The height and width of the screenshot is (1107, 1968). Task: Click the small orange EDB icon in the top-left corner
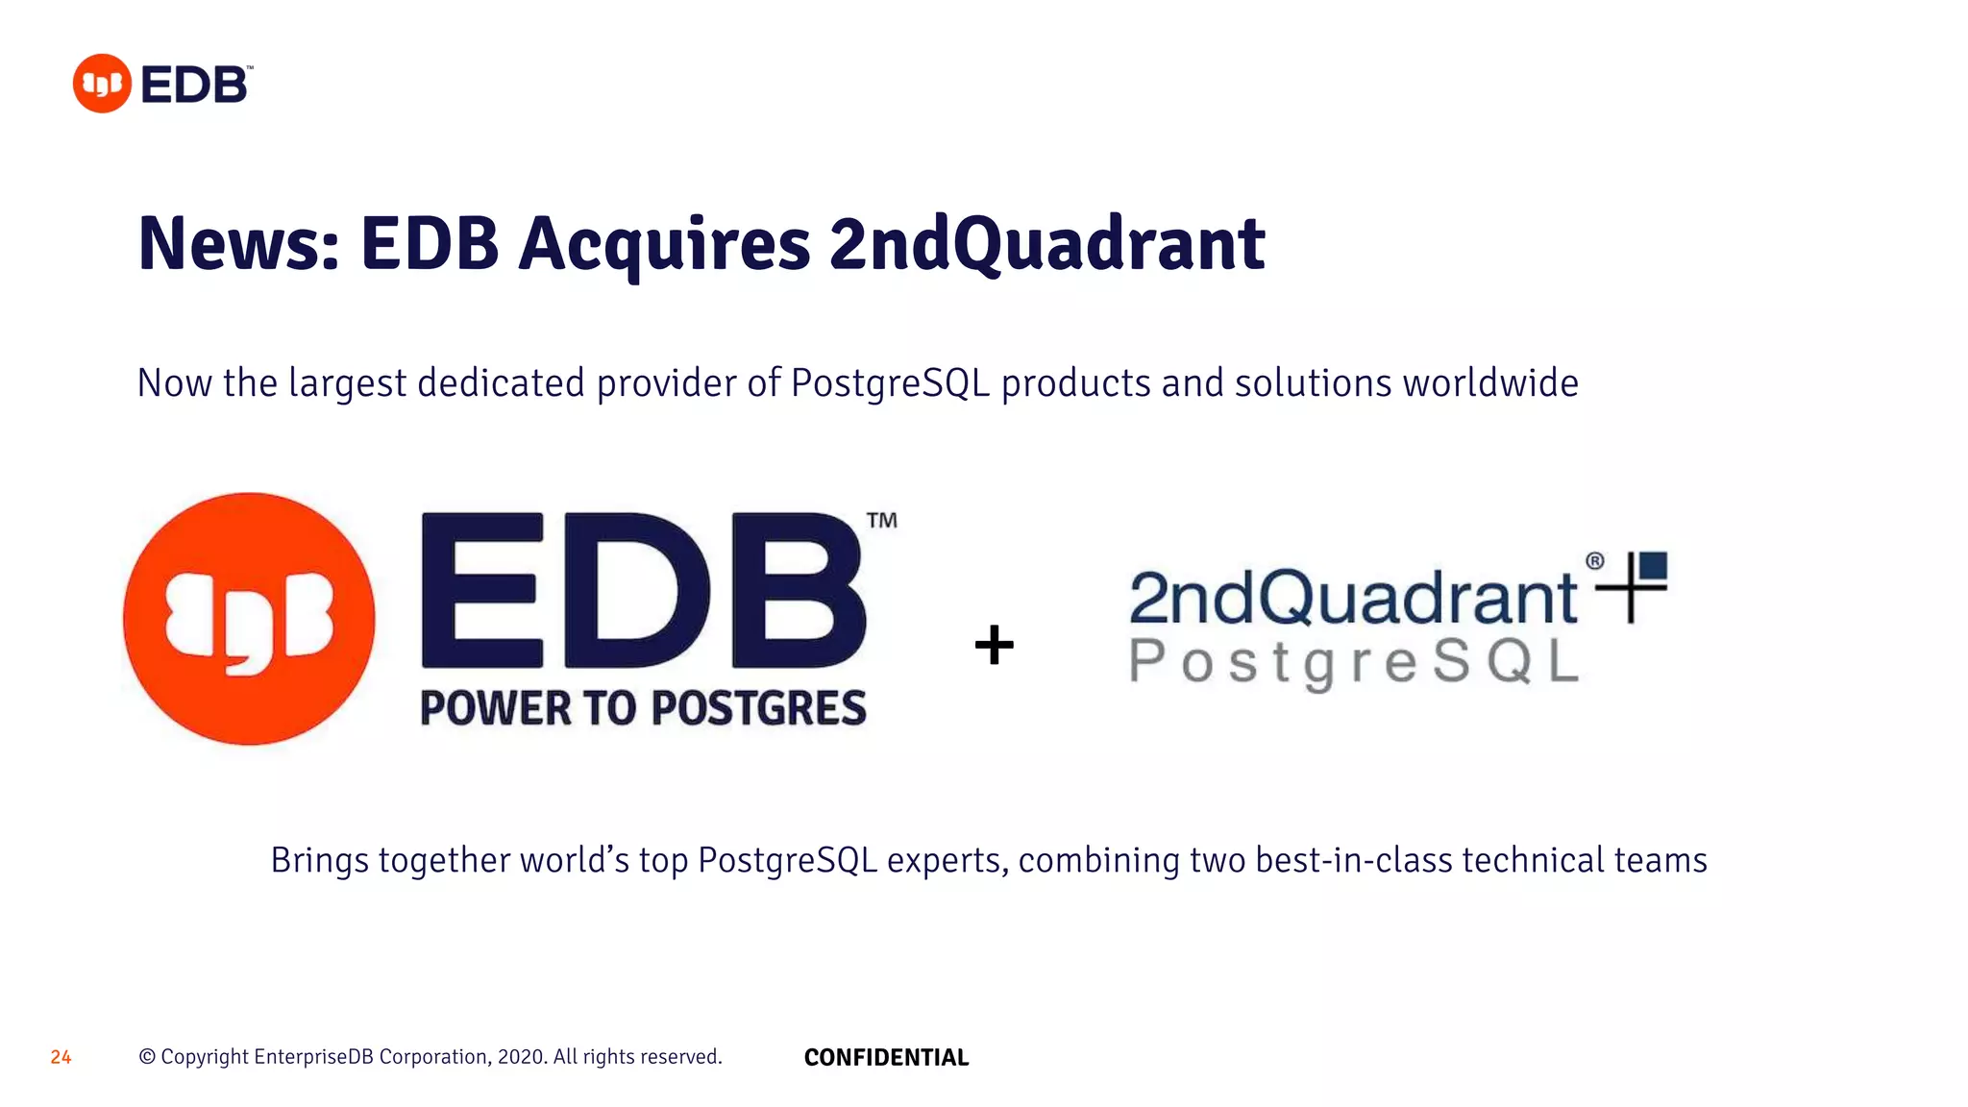coord(102,84)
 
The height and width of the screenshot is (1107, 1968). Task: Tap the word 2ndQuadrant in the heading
coord(1046,244)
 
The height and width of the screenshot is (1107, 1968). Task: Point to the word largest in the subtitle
coord(347,384)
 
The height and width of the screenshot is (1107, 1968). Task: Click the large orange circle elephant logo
coord(249,619)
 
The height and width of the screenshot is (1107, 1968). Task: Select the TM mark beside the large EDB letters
coord(881,521)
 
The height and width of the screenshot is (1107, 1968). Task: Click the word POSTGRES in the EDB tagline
coord(759,708)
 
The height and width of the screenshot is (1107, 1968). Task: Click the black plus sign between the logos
coord(994,645)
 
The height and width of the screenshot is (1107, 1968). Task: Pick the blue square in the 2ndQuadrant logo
coord(1653,565)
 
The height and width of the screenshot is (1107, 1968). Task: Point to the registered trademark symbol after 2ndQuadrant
coord(1594,561)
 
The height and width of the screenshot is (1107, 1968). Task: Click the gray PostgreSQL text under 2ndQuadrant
coord(1353,663)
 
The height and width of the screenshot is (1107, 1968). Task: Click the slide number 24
coord(61,1057)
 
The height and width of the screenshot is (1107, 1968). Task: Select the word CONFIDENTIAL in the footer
coord(886,1057)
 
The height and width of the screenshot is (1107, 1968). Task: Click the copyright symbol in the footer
coord(147,1057)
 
